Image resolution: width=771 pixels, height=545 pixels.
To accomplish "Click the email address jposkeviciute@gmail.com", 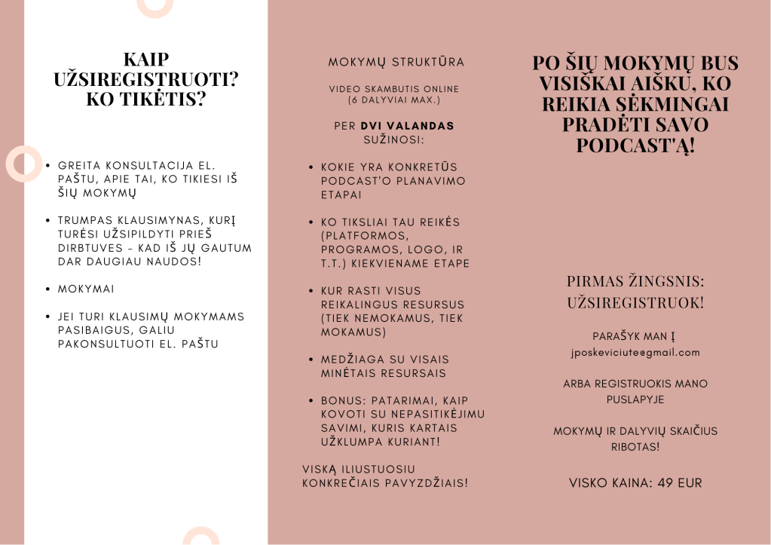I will click(635, 352).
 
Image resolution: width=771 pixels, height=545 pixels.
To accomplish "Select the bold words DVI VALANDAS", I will click(408, 126).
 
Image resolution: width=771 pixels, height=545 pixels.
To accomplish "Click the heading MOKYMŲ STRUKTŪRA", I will click(396, 62).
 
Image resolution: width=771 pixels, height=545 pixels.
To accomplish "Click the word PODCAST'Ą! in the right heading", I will click(635, 145).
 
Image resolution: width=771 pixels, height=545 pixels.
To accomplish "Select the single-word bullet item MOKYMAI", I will click(87, 289).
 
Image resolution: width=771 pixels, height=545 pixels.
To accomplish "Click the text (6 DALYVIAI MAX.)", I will click(393, 100).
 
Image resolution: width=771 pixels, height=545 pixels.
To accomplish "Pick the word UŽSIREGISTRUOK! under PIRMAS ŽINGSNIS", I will click(635, 303).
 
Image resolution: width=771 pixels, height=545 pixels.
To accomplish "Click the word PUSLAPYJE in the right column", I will click(635, 399).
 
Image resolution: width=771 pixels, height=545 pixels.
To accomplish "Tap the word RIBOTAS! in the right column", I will click(635, 447).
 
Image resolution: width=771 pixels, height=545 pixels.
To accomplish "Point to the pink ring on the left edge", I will click(24, 164).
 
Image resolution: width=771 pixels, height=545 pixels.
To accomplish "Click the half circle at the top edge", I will click(155, 6).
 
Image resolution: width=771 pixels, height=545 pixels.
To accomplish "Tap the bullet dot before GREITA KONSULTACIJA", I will click(48, 165).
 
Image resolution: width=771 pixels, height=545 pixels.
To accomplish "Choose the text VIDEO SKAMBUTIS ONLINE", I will click(393, 89).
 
